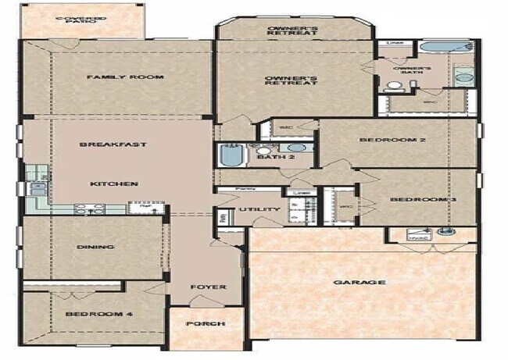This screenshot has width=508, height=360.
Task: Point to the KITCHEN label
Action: (114, 184)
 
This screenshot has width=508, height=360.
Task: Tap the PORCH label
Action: (206, 324)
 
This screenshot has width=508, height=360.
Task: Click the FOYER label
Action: (209, 287)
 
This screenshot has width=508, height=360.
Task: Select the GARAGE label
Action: (359, 282)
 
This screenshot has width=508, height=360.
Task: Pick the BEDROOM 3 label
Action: (423, 201)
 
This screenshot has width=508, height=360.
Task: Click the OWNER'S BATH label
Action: (411, 70)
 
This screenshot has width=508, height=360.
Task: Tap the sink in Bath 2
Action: (295, 148)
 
